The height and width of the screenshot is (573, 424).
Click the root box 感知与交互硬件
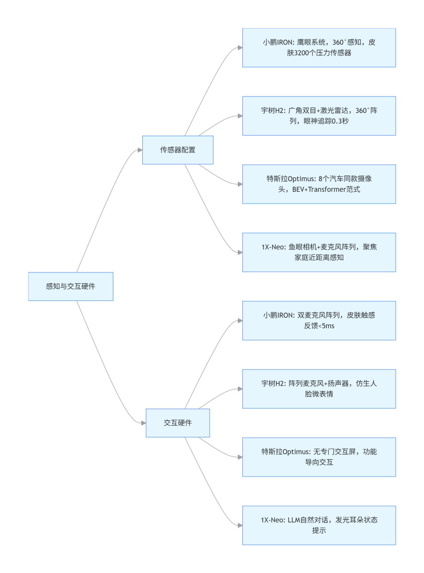point(71,286)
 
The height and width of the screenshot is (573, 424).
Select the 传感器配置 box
point(178,150)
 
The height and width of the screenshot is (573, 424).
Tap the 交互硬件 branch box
point(178,423)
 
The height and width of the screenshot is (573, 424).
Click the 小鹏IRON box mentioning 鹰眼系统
point(319,47)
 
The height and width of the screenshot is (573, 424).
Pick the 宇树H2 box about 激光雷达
point(319,116)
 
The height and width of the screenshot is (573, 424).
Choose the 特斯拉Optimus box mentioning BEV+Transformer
point(319,184)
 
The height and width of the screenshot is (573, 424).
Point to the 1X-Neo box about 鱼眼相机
point(319,252)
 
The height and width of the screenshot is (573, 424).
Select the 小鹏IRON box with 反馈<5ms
point(319,320)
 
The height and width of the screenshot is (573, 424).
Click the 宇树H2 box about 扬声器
point(319,388)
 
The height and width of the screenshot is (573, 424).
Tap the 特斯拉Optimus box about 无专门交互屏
point(319,457)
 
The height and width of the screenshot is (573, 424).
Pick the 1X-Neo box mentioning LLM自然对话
point(319,525)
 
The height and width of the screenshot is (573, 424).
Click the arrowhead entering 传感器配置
point(140,150)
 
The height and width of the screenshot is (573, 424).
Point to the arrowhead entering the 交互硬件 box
point(144,423)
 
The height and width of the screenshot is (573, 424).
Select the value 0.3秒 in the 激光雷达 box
point(340,121)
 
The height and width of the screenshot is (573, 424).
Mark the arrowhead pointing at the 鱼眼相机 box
point(240,252)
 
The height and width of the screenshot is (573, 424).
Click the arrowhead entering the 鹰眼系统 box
point(240,48)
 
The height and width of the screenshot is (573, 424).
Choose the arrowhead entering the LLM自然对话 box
point(240,525)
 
